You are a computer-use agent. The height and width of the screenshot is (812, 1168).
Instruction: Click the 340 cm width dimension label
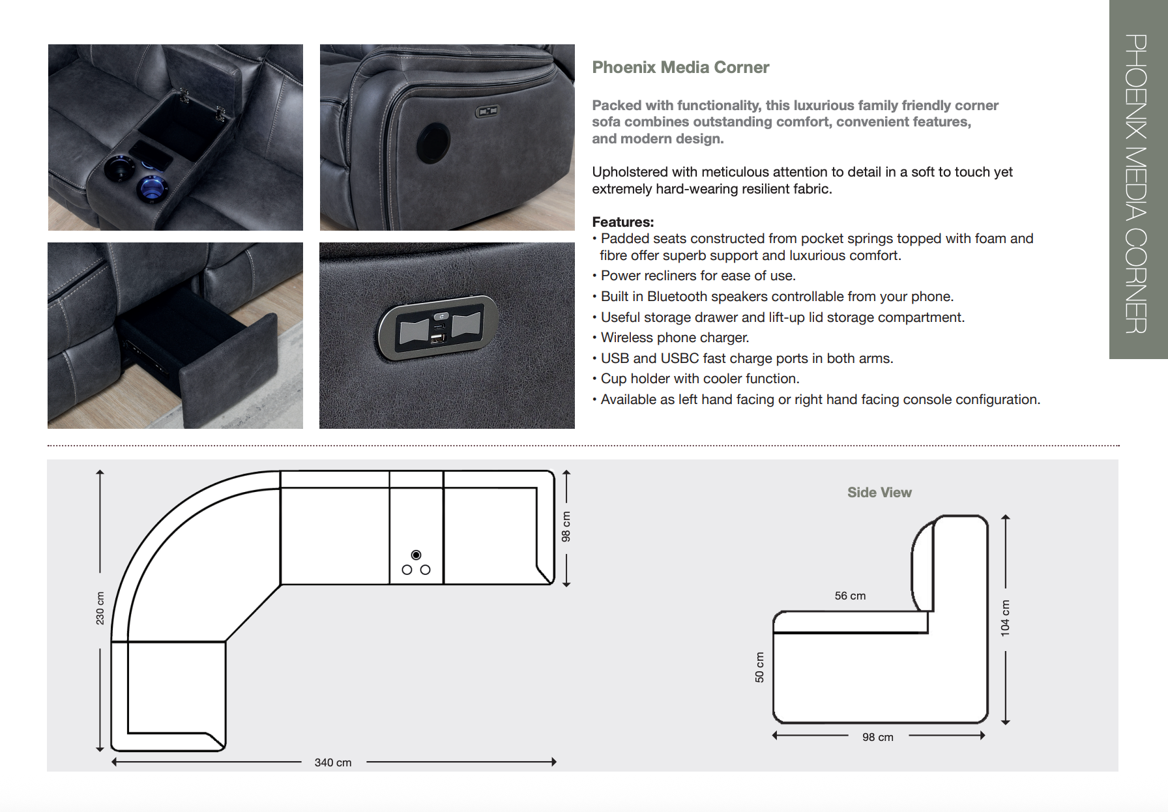coord(332,762)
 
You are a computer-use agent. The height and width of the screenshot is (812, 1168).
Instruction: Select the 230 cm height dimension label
coord(100,608)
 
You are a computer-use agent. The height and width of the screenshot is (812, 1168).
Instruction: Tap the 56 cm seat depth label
coord(850,596)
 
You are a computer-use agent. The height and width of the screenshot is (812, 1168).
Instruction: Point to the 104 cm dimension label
coord(1005,618)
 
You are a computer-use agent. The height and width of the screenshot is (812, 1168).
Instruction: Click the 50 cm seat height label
coord(759,667)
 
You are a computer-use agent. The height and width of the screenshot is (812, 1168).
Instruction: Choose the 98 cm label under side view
coord(877,737)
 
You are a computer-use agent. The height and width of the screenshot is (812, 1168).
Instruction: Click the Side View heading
coord(879,493)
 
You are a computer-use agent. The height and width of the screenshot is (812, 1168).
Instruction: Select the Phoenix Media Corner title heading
coord(680,67)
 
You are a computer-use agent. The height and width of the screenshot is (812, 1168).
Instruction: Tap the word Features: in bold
coord(622,222)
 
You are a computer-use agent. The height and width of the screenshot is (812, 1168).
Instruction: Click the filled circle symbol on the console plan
coord(416,555)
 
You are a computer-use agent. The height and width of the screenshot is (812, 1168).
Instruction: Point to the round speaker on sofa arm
coord(433,143)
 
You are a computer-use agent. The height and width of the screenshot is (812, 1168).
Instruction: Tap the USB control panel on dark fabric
coord(438,328)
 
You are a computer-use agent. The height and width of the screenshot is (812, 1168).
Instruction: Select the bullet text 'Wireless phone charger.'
coord(675,338)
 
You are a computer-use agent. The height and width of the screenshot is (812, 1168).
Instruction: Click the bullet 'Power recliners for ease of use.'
coord(697,276)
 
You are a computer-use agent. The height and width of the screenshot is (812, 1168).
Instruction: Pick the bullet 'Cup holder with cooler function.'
coord(699,379)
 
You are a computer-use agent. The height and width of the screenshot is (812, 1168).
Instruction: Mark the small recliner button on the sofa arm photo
coord(487,111)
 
